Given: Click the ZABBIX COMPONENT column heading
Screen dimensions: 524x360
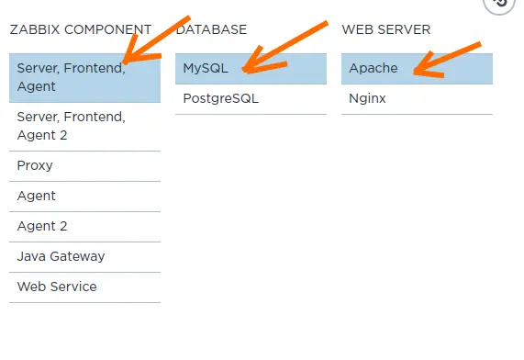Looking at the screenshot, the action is (x=81, y=29).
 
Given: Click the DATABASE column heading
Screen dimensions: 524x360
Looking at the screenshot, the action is (x=212, y=29).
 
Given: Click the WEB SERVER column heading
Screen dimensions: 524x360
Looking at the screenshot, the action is (x=386, y=29).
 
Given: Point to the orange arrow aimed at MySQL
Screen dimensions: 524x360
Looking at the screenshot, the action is (x=285, y=47).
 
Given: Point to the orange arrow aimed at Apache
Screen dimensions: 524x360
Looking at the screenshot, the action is (x=447, y=60).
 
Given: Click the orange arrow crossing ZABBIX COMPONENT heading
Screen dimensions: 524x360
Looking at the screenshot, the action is (x=156, y=39).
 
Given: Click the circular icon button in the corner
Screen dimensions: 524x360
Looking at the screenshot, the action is (x=499, y=4).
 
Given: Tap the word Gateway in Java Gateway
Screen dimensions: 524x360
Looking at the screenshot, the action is (x=77, y=256).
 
